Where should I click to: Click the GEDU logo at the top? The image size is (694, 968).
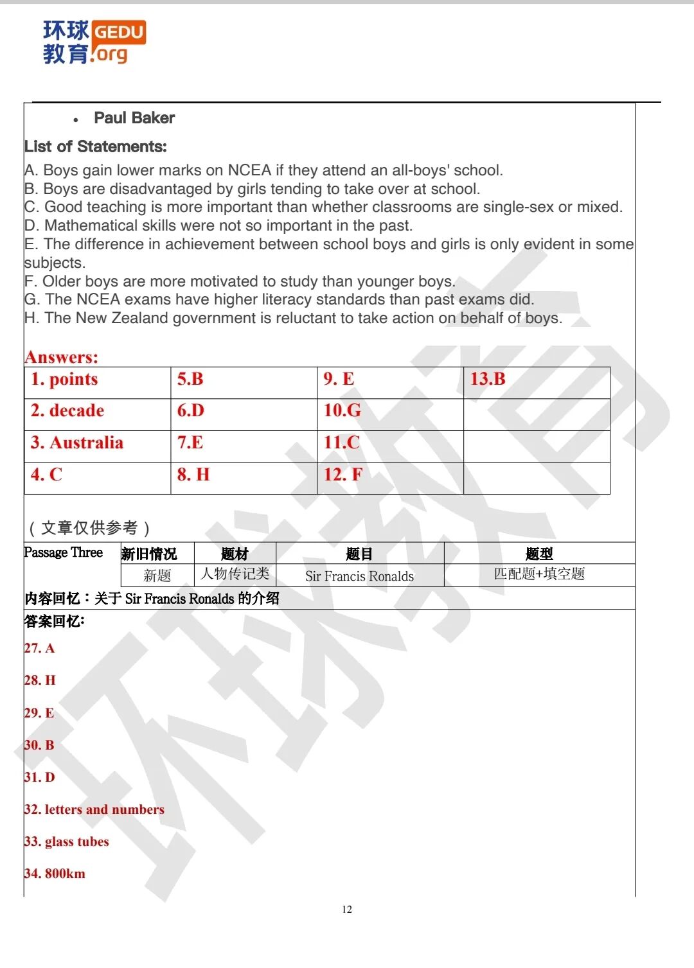94,42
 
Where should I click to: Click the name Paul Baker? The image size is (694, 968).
134,118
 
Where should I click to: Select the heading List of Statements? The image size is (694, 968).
96,147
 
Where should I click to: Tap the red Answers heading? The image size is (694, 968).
62,357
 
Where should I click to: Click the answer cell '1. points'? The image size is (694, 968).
64,380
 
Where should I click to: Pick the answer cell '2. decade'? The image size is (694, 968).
67,411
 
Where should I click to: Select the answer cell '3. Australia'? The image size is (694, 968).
77,443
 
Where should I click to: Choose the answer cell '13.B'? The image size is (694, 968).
488,380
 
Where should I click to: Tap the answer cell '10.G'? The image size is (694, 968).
343,411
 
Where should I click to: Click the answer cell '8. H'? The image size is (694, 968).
193,475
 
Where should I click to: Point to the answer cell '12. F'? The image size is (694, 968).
343,475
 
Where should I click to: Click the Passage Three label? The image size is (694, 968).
64,552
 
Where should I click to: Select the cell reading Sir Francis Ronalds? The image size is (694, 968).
359,576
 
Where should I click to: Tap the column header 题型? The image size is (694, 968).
538,554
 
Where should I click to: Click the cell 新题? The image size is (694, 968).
157,576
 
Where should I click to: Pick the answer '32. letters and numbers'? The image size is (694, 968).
94,810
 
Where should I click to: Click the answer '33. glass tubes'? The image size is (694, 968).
67,842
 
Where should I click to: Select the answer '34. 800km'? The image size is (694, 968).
55,874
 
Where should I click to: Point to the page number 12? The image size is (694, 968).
347,910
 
